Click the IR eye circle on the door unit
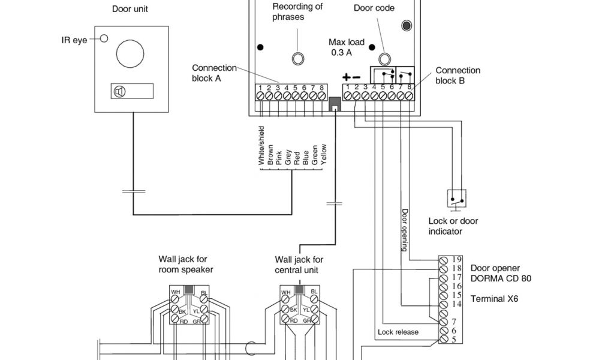point(104,38)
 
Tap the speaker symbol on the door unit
point(119,92)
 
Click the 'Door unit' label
point(130,9)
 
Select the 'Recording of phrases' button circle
point(298,58)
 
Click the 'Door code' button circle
point(384,59)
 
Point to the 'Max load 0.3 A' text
point(347,47)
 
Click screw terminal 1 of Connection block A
point(260,96)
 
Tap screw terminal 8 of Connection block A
point(321,96)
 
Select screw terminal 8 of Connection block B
point(409,95)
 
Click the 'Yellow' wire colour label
point(323,154)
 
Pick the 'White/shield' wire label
point(261,145)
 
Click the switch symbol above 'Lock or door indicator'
point(456,199)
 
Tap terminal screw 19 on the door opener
point(443,260)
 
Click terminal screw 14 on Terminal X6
point(443,305)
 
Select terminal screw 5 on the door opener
point(443,339)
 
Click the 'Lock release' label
point(398,332)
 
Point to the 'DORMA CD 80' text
point(501,278)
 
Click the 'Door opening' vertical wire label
point(405,230)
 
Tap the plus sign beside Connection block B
point(346,77)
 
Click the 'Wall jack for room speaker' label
point(186,265)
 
